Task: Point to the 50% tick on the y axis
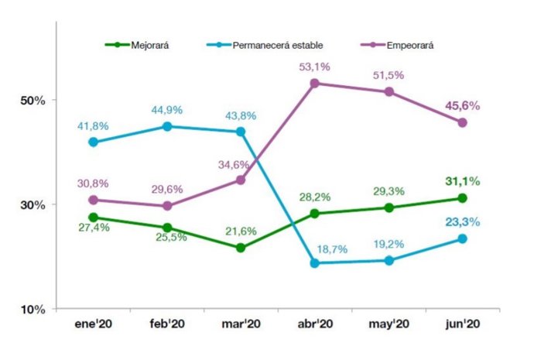coord(33,101)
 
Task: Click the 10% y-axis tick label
coord(33,310)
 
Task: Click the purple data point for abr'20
coord(315,83)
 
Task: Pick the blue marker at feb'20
coord(167,126)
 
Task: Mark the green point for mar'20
coord(241,248)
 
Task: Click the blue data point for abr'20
coord(315,263)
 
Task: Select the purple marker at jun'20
coord(463,122)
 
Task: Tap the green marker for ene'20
coord(93,218)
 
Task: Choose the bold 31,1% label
coord(461,181)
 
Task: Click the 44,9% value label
coord(167,110)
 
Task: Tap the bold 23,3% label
coord(461,221)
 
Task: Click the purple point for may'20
coord(389,91)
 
